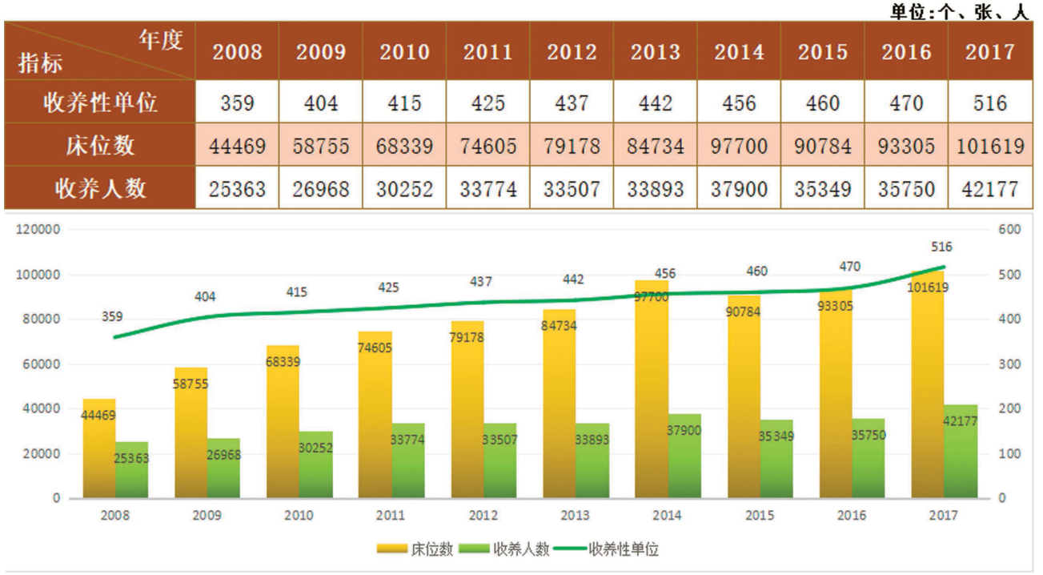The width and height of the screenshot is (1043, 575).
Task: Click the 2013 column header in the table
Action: (656, 52)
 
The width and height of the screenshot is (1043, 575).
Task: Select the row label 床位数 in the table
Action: (101, 146)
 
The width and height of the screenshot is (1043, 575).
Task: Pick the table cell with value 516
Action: (989, 103)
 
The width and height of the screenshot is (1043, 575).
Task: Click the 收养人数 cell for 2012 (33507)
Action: (572, 189)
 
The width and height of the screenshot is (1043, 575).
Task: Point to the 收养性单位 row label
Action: (101, 103)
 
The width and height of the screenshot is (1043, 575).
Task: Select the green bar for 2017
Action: (961, 456)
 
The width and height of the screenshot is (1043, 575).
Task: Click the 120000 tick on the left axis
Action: (38, 230)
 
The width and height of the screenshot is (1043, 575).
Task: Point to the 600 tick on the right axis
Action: (1009, 230)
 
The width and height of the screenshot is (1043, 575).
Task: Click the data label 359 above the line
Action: (113, 317)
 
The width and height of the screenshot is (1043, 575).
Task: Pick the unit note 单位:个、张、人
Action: (958, 11)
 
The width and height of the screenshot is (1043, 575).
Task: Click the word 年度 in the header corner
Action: (161, 40)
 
